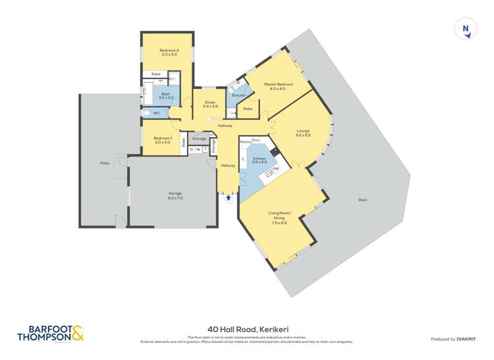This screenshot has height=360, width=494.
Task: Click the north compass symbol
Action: [466, 28]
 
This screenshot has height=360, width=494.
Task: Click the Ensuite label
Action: [238, 95]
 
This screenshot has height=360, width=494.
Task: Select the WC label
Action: [157, 113]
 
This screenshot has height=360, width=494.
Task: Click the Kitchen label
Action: [260, 159]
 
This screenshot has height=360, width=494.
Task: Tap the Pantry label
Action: [244, 141]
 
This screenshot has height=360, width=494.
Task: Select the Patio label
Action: [104, 163]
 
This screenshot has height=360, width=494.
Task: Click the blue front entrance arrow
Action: [229, 195]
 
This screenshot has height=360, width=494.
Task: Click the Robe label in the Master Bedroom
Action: [248, 109]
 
